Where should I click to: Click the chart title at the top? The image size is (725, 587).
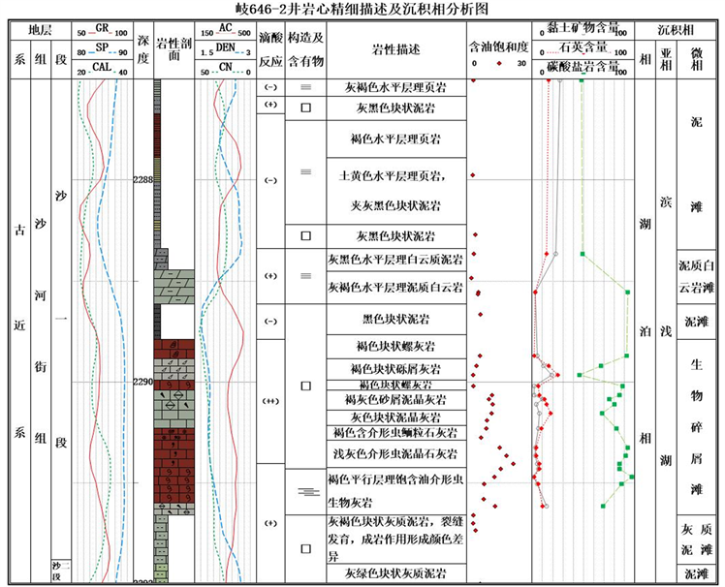tap(362, 9)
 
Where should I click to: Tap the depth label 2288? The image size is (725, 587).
tap(142, 179)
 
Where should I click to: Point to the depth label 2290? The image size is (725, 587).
tap(142, 382)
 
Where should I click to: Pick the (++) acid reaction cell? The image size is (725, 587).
tap(270, 400)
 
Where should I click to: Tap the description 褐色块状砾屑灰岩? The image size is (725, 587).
tap(394, 369)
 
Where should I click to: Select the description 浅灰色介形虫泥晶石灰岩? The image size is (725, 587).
tap(394, 452)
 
